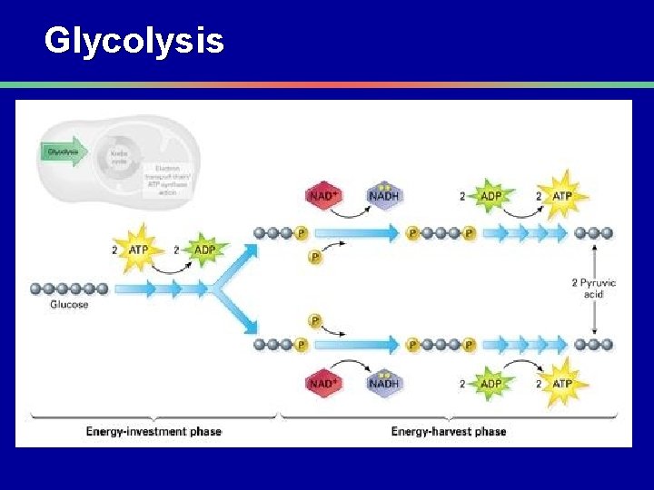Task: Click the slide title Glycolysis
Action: coord(134,41)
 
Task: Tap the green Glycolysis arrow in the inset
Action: coord(63,152)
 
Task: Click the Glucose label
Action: coord(70,305)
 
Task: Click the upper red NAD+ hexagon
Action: coord(322,196)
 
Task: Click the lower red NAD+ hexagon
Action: coord(322,383)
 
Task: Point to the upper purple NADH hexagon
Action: coord(384,196)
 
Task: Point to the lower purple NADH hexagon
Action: coord(384,383)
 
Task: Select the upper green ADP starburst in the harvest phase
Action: coord(490,196)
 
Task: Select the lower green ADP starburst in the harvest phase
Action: coord(490,383)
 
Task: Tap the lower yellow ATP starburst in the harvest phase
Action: coord(561,383)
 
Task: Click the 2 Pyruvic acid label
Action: coord(593,288)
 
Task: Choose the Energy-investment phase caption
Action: coord(154,431)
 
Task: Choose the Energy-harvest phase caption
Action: coord(448,431)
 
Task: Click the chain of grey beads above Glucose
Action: coord(70,289)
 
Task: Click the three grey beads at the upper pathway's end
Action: coord(594,233)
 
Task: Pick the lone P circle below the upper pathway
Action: coord(315,258)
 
